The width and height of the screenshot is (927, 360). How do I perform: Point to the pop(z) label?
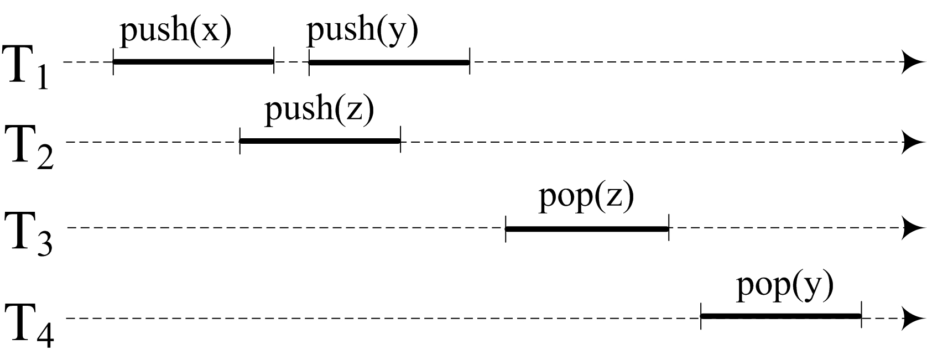point(586,198)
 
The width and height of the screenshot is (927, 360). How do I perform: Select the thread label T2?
point(29,147)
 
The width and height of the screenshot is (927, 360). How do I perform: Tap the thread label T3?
point(28,233)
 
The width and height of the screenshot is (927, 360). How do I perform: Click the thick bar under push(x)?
point(193,61)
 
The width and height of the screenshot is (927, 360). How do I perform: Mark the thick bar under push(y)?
point(389,62)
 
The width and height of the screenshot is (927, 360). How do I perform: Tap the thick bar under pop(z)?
point(587,228)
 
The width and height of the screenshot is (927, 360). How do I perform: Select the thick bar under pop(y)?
point(781,316)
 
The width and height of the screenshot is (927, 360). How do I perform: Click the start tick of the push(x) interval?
point(113,61)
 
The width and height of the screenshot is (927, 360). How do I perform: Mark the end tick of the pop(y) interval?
point(861,316)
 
